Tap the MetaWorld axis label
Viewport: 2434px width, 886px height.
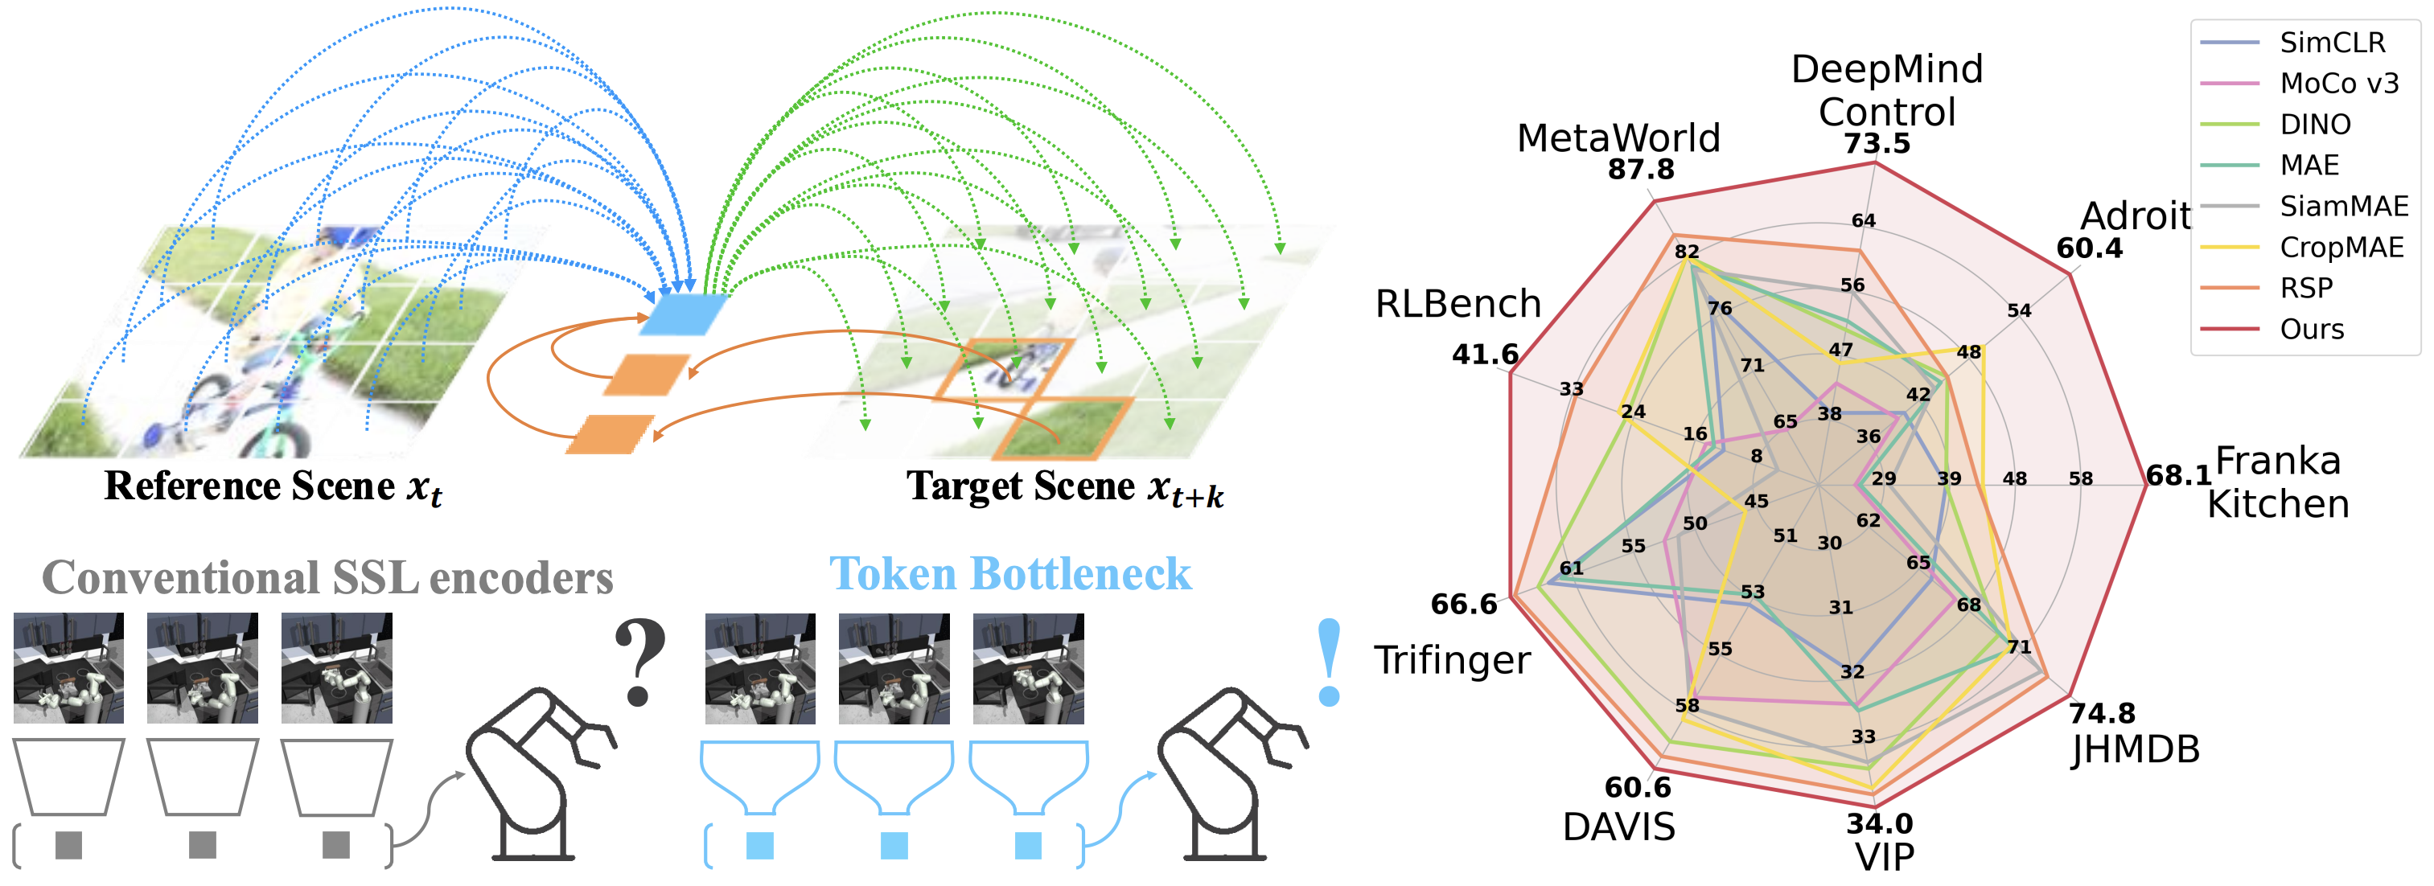(1618, 139)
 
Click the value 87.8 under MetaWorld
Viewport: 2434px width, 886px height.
(1640, 170)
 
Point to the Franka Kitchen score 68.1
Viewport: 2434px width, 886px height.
(2178, 475)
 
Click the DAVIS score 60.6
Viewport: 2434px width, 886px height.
(1638, 787)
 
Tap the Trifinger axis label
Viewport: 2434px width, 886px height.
(1451, 660)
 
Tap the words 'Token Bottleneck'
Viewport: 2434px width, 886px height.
(1010, 574)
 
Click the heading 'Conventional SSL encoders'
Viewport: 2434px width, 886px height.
(327, 578)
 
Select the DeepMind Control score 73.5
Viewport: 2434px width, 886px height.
(1877, 144)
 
